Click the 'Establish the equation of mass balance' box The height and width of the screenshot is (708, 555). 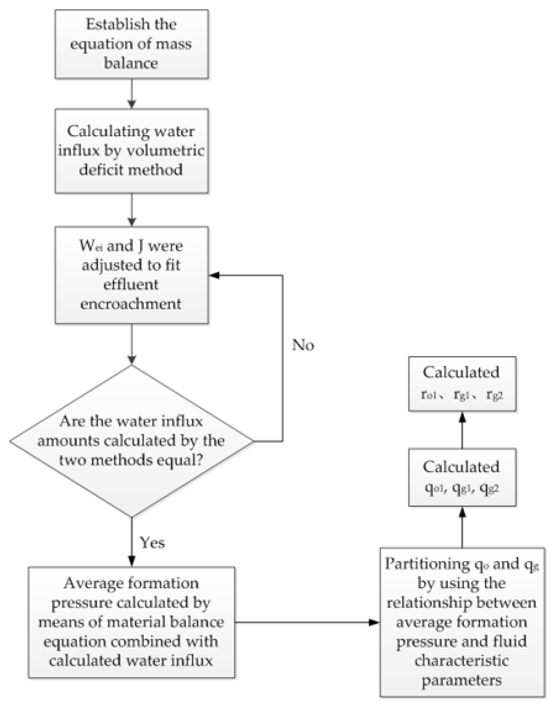[131, 44]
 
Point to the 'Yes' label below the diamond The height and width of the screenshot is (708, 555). [152, 542]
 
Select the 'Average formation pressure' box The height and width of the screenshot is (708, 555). [131, 622]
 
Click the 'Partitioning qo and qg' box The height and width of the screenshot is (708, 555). [462, 622]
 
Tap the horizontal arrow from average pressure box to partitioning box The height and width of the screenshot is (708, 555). [307, 622]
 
